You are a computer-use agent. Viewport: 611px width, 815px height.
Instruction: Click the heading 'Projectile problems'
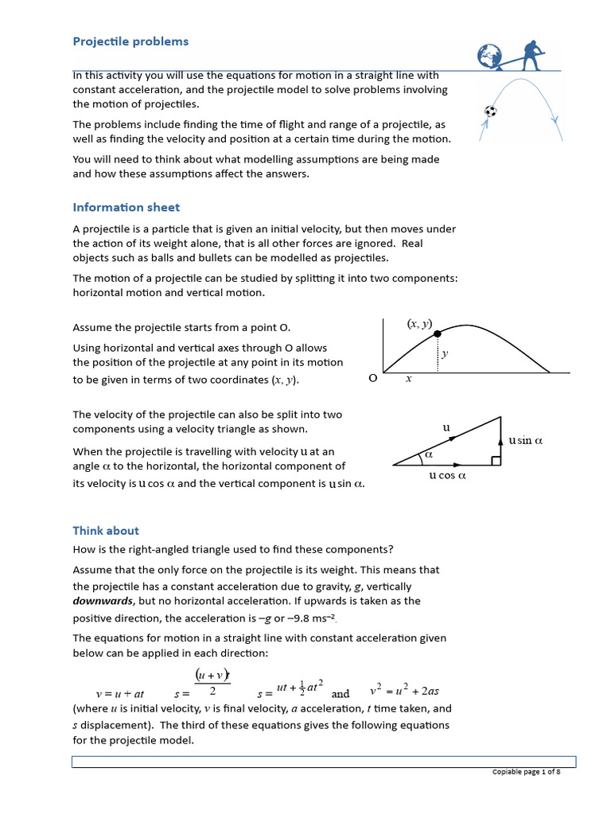pyautogui.click(x=130, y=41)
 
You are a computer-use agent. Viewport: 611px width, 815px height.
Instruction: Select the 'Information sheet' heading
pyautogui.click(x=126, y=207)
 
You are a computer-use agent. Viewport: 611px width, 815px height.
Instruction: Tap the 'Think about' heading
pyautogui.click(x=106, y=530)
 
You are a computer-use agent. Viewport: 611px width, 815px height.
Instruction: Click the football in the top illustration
pyautogui.click(x=491, y=111)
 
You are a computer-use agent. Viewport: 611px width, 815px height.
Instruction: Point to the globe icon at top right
pyautogui.click(x=490, y=57)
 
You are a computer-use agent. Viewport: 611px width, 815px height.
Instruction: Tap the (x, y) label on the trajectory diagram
pyautogui.click(x=419, y=323)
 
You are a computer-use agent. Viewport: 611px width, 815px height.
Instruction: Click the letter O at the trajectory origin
pyautogui.click(x=372, y=379)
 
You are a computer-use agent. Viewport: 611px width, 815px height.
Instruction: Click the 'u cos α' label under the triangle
pyautogui.click(x=447, y=476)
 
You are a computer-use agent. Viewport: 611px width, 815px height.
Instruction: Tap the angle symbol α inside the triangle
pyautogui.click(x=428, y=454)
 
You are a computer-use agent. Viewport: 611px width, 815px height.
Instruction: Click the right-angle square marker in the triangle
pyautogui.click(x=496, y=461)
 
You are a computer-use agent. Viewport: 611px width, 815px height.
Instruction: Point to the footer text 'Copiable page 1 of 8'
pyautogui.click(x=526, y=773)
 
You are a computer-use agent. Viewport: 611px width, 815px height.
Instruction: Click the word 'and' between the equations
pyautogui.click(x=341, y=693)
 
